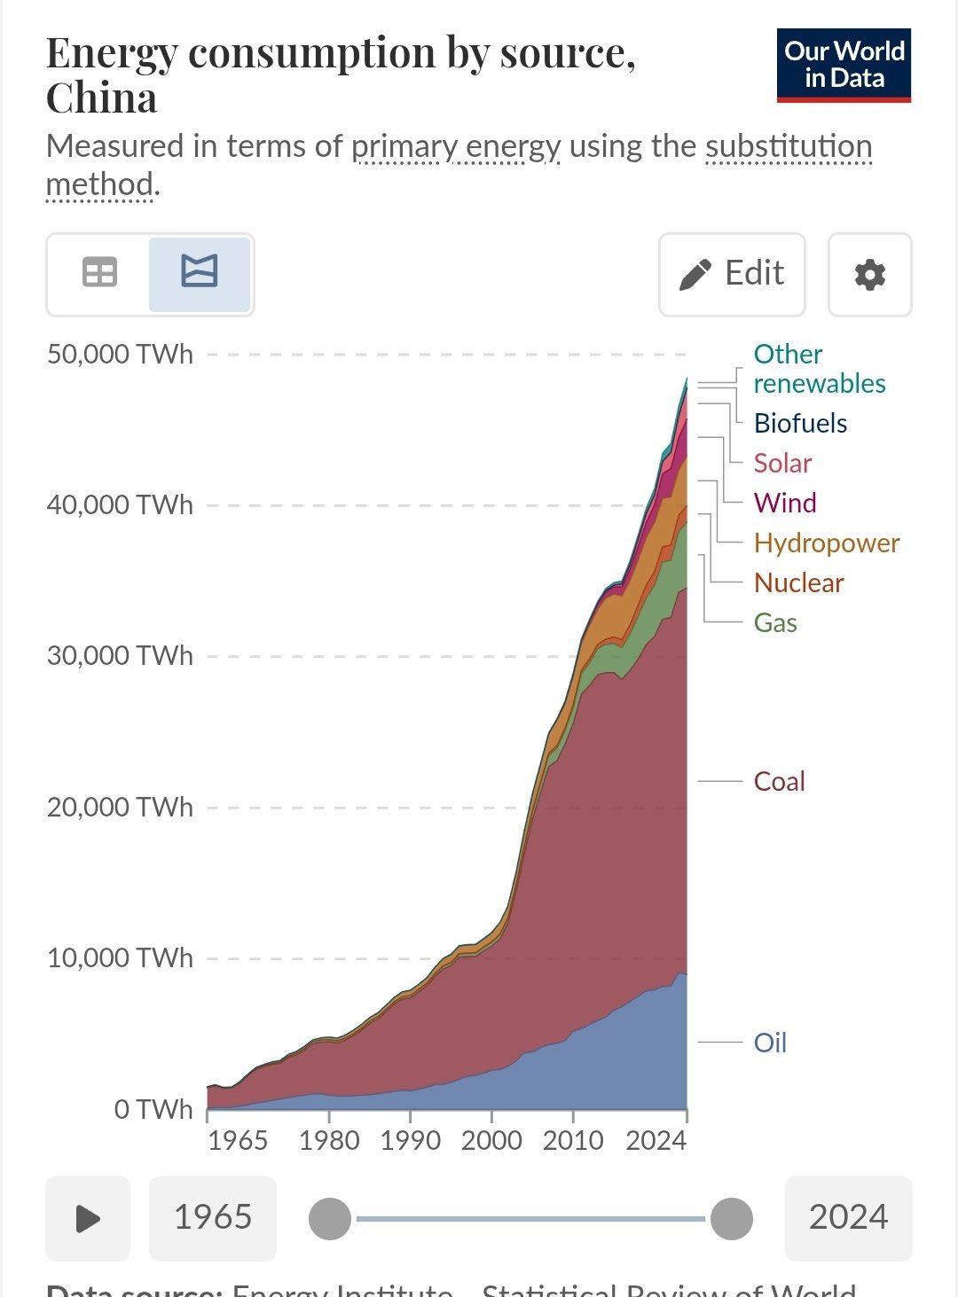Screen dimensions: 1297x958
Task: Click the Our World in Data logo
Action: click(844, 66)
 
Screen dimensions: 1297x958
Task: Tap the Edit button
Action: click(732, 275)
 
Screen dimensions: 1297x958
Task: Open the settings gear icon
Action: click(869, 275)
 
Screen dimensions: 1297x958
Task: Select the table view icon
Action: click(99, 273)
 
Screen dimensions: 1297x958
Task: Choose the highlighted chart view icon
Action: click(199, 273)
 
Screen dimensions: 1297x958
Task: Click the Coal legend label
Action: click(779, 782)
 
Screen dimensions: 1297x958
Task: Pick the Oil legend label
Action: click(770, 1043)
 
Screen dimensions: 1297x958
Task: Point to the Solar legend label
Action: click(782, 464)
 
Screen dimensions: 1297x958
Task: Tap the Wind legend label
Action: click(785, 504)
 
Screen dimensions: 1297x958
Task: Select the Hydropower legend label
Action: click(826, 543)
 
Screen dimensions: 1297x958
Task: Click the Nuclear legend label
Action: click(798, 583)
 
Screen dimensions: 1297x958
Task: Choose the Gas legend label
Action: click(775, 623)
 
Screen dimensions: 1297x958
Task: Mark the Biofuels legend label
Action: click(800, 424)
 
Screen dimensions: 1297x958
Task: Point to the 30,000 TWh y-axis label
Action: click(120, 656)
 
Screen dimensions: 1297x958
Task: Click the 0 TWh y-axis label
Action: click(153, 1110)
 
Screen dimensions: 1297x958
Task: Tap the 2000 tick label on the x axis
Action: click(491, 1140)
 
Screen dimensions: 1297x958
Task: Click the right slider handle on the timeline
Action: click(731, 1219)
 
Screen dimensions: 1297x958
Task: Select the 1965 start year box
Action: click(213, 1218)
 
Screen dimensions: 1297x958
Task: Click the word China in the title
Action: click(101, 98)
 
